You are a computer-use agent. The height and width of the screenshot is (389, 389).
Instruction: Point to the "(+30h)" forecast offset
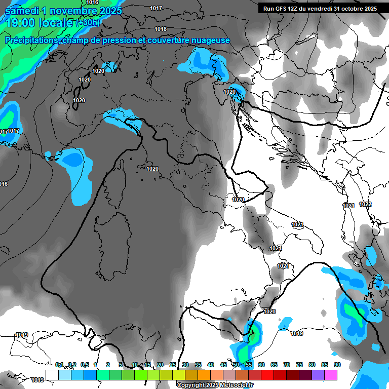(x=88, y=22)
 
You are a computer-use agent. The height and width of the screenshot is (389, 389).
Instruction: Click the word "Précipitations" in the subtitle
(x=30, y=40)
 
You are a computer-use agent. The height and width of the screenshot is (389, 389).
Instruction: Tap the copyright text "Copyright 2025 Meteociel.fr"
(x=215, y=385)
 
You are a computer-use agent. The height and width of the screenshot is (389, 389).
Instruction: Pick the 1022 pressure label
(x=365, y=204)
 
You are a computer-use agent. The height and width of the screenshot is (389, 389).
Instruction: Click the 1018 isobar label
(x=161, y=29)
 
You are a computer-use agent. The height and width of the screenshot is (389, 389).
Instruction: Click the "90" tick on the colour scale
(x=337, y=365)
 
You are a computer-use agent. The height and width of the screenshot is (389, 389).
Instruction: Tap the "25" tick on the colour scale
(x=172, y=365)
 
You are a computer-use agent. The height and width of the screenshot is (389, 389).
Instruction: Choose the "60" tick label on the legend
(x=261, y=365)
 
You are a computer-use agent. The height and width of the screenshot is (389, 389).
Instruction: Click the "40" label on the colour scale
(x=210, y=365)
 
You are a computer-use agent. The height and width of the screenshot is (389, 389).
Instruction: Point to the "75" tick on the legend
(x=299, y=365)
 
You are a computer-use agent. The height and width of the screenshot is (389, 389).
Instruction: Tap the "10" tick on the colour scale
(x=135, y=365)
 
